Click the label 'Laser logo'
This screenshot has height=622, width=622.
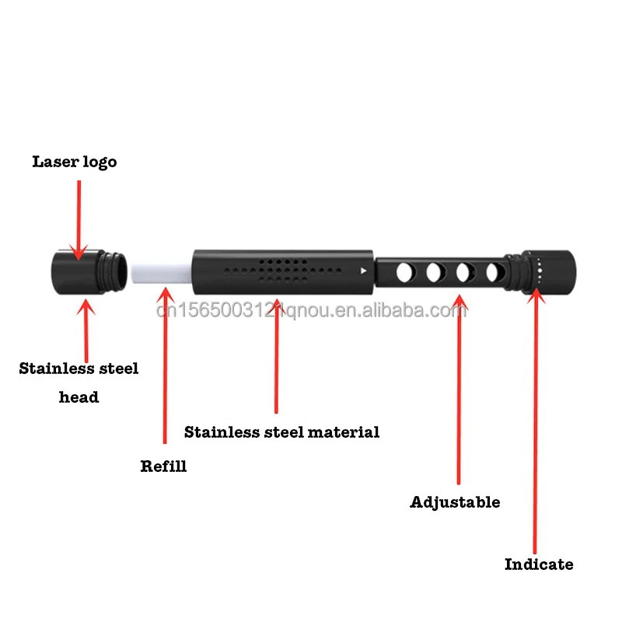(x=75, y=162)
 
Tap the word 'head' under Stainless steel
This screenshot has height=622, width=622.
(x=79, y=397)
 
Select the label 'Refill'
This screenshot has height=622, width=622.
(x=163, y=466)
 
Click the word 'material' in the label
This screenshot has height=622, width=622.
(x=344, y=432)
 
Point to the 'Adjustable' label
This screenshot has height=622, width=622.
(x=455, y=502)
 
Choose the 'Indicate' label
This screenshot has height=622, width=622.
(x=539, y=564)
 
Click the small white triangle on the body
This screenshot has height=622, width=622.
(x=363, y=271)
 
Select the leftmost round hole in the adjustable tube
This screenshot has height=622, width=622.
(x=405, y=273)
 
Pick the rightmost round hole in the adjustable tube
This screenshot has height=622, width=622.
(x=493, y=273)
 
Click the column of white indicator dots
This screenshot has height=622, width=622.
(x=539, y=271)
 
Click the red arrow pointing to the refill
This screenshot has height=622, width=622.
(x=164, y=365)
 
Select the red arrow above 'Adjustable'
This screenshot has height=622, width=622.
(x=459, y=389)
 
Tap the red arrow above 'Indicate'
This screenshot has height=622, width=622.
(x=535, y=420)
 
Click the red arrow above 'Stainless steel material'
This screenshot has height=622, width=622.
(x=276, y=350)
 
